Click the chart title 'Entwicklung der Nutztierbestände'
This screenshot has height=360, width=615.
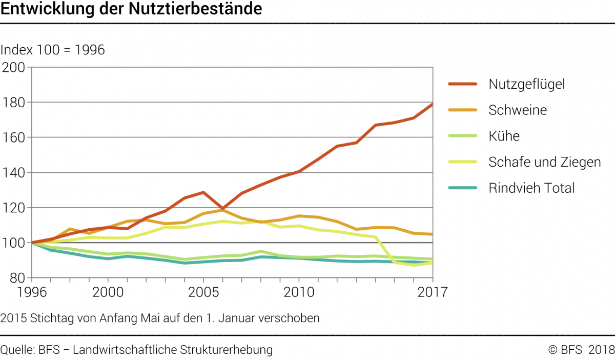132,9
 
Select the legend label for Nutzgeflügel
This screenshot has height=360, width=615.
526,84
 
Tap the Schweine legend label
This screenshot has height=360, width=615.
518,110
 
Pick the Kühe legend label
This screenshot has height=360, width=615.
504,136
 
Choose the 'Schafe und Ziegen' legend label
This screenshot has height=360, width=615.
544,162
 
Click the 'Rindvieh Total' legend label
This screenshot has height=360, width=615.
531,188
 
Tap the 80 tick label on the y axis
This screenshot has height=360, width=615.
18,278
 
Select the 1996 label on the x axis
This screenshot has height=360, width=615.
32,292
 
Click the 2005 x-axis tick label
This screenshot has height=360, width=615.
203,292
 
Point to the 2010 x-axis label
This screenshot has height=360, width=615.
299,292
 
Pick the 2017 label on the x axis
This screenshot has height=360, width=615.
433,292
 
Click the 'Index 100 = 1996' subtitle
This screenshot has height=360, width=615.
53,50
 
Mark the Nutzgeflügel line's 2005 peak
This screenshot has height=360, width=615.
203,192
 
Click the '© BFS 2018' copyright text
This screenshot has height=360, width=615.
581,350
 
